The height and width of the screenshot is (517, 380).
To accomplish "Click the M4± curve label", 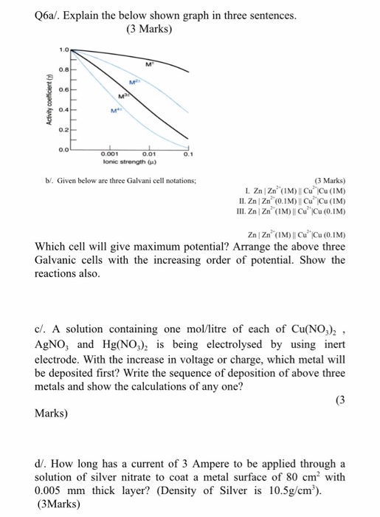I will pyautogui.click(x=116, y=112).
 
